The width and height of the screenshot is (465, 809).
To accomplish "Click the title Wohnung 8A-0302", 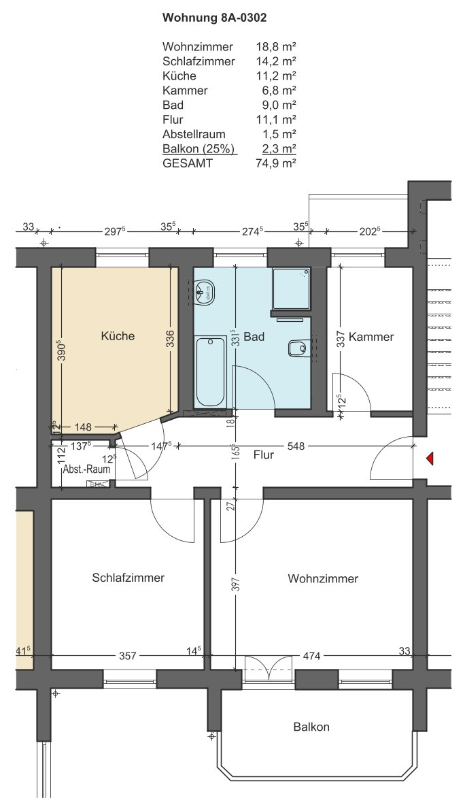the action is point(214,18).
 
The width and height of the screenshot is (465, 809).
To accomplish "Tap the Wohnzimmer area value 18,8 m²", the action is point(276,47).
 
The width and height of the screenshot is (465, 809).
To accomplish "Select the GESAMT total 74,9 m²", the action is point(276,163).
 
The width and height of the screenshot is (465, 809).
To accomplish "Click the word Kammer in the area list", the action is point(185,90).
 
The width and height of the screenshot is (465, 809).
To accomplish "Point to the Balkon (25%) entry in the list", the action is point(199,149).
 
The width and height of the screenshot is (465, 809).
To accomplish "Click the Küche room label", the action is point(118,336).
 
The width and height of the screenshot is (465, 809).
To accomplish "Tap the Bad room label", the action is point(254,337).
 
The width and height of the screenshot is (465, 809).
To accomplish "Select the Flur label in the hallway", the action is point(263,455).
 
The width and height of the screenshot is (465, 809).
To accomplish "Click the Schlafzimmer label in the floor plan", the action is point(128,578).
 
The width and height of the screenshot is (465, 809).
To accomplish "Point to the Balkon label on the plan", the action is point(311,727).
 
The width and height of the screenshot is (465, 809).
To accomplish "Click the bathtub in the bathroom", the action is point(210,372).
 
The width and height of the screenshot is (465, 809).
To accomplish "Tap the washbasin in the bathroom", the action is point(205,292).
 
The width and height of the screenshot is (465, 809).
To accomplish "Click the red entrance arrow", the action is point(429,458).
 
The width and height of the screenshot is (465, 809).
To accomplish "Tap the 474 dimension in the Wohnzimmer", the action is point(311,657).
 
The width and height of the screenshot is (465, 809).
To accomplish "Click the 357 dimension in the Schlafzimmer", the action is point(127,657).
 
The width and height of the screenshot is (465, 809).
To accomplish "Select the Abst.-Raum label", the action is point(86,469).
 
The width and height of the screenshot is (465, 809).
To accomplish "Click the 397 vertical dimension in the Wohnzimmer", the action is point(236,584).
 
